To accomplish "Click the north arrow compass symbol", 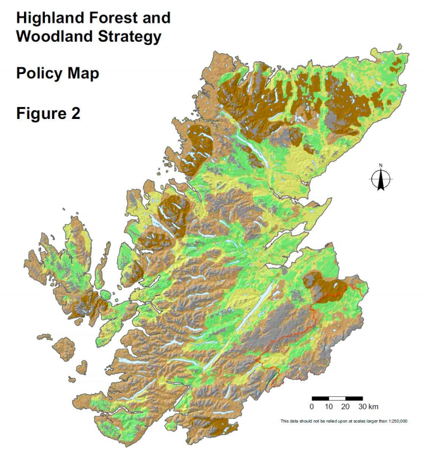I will [x=381, y=180].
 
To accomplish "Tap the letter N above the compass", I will [x=381, y=166].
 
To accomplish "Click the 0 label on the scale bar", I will [x=312, y=406].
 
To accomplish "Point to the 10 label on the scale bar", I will [x=329, y=406].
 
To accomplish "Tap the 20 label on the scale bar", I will [x=346, y=406].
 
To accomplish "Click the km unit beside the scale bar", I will [x=373, y=406].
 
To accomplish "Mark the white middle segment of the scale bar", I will [x=337, y=397].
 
